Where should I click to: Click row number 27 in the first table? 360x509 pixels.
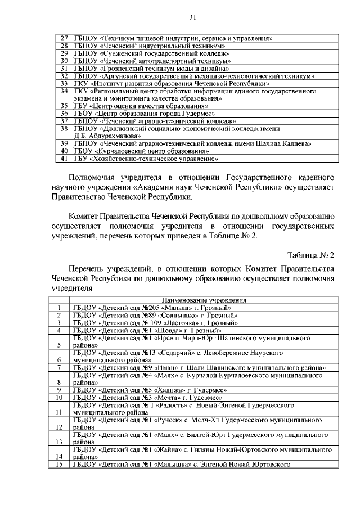click(64, 39)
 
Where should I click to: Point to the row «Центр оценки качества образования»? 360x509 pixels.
click(141, 105)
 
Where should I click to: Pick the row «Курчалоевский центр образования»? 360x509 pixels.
click(141, 151)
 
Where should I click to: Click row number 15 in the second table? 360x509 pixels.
click(58, 465)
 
